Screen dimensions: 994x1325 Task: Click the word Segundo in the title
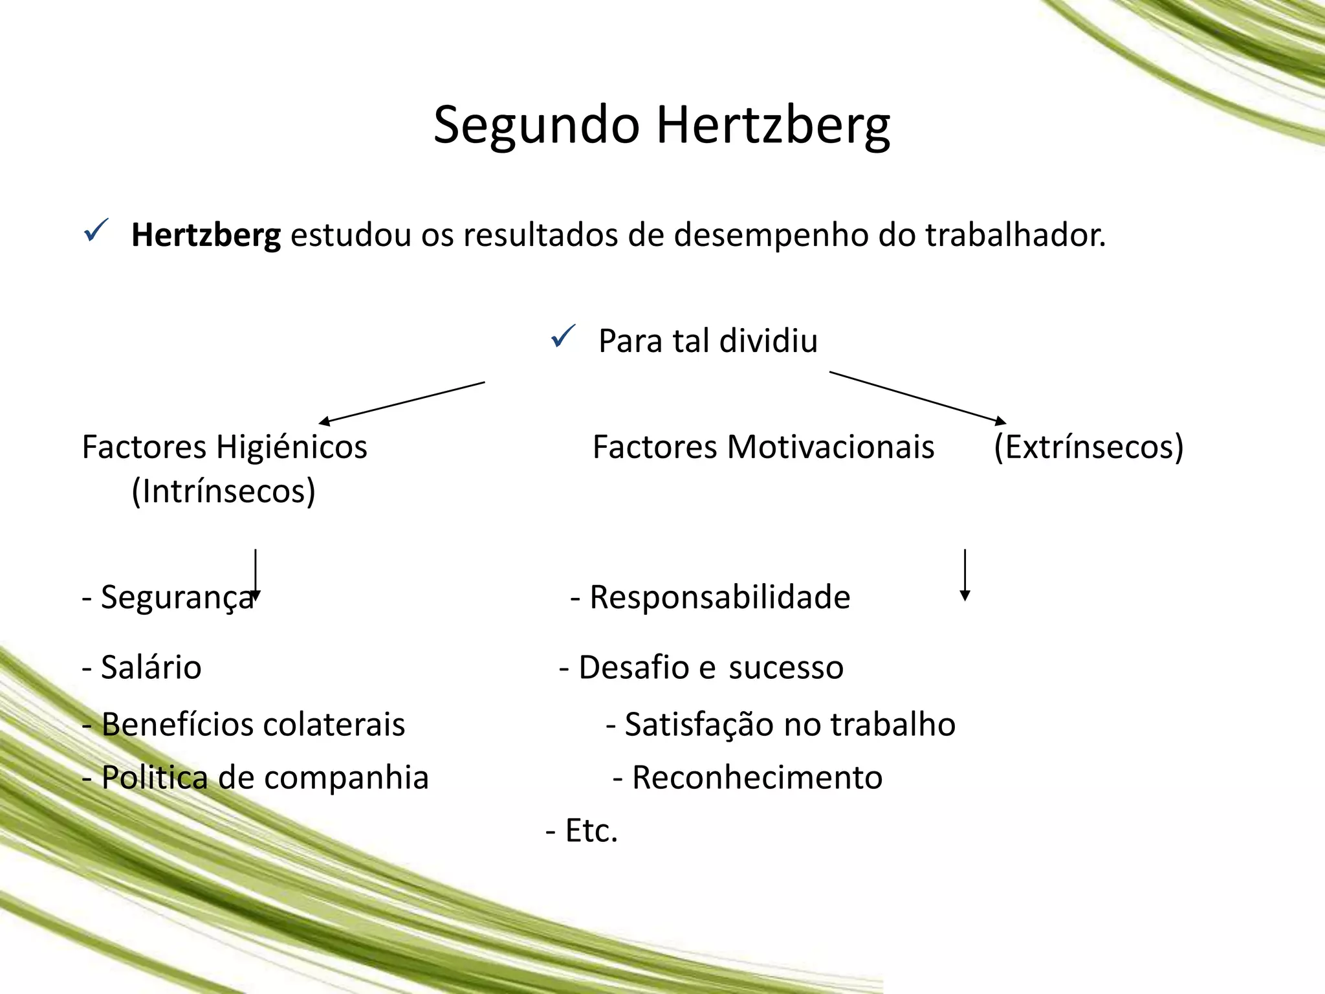pos(536,126)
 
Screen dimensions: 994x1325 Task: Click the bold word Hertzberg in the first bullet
pos(206,236)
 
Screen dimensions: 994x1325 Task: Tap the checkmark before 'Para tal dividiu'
pos(562,337)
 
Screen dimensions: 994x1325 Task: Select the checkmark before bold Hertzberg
pos(96,230)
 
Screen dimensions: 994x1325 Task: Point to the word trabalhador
pos(1015,236)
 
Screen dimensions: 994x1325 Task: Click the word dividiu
pos(768,341)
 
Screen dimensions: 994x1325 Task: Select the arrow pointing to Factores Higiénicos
pos(401,403)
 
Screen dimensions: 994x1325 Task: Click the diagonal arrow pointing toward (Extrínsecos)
pos(917,397)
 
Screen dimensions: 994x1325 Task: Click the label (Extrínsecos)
pos(1088,448)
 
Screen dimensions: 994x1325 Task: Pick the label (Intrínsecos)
pos(223,491)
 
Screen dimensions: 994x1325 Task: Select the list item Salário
pos(151,668)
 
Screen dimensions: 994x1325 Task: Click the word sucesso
pos(785,668)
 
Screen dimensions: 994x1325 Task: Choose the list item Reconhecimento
pos(757,778)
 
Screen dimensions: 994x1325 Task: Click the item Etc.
pos(591,831)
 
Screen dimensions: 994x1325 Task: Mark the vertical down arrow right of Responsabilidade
pos(965,575)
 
